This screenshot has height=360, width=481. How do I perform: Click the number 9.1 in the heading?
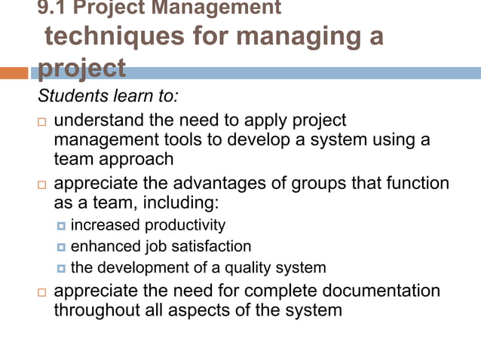point(51,8)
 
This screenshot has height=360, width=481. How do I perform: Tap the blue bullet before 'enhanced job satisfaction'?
point(62,247)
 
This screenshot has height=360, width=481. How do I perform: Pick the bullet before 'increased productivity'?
point(62,226)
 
